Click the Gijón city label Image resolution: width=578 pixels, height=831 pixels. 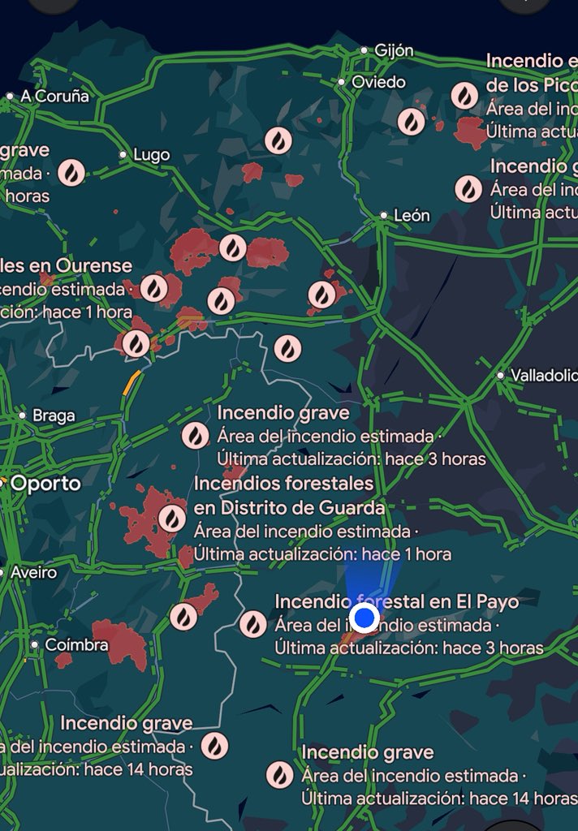pyautogui.click(x=393, y=50)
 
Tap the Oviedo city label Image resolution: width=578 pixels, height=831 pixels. pyautogui.click(x=378, y=82)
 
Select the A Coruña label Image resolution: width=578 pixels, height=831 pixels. pyautogui.click(x=54, y=96)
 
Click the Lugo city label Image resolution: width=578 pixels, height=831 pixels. pyautogui.click(x=151, y=154)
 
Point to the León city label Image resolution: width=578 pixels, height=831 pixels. pyautogui.click(x=411, y=216)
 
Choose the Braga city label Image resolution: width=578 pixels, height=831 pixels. pyautogui.click(x=54, y=415)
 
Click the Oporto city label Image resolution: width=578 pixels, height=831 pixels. pyautogui.click(x=45, y=484)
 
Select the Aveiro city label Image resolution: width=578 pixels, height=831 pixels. pyautogui.click(x=33, y=572)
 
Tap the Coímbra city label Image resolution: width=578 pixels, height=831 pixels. pyautogui.click(x=77, y=645)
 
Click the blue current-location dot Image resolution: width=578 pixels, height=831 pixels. pyautogui.click(x=365, y=618)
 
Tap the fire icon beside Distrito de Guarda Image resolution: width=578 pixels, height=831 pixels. pyautogui.click(x=171, y=518)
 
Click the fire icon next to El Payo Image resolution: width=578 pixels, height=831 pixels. pyautogui.click(x=252, y=624)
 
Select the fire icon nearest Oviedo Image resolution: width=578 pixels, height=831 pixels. pyautogui.click(x=411, y=122)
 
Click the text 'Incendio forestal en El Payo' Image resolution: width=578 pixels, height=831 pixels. pyautogui.click(x=397, y=602)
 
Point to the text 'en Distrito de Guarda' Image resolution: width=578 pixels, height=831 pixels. pyautogui.click(x=289, y=508)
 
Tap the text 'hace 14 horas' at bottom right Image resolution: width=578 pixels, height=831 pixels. pyautogui.click(x=532, y=799)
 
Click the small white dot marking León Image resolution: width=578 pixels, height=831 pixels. pyautogui.click(x=384, y=216)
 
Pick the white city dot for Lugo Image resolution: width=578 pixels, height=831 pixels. pyautogui.click(x=123, y=154)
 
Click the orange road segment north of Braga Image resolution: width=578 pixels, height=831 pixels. pyautogui.click(x=131, y=382)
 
